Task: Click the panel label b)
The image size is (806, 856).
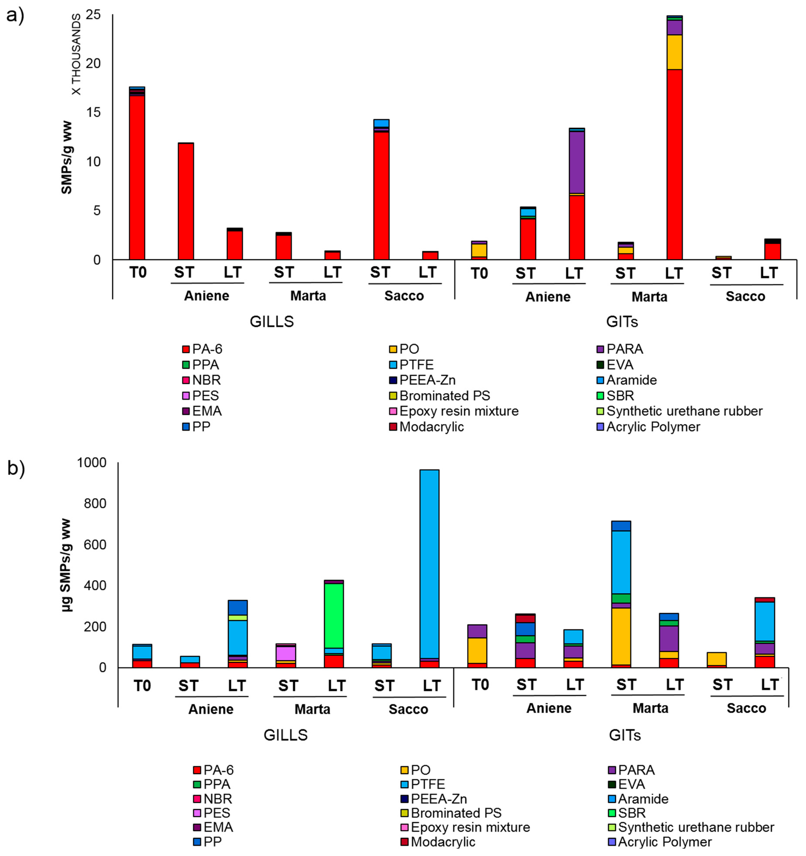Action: point(16,468)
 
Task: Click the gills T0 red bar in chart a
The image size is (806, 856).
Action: point(137,177)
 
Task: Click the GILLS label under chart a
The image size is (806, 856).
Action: point(272,322)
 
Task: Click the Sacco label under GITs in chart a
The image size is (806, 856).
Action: point(745,296)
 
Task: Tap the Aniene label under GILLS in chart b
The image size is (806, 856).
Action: point(211,709)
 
